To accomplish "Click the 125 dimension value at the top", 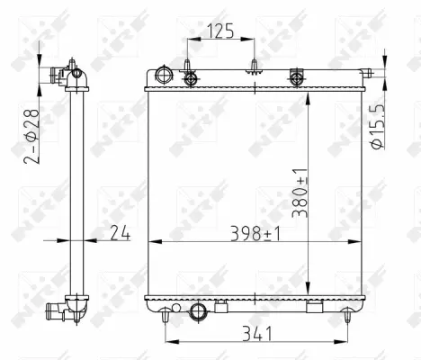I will [x=220, y=31].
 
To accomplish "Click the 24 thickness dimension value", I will [x=121, y=234].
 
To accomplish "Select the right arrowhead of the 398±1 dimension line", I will [x=364, y=241].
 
